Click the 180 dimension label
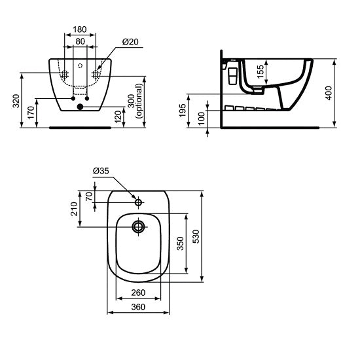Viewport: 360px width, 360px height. pyautogui.click(x=80, y=30)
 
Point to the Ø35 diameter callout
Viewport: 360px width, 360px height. pyautogui.click(x=101, y=171)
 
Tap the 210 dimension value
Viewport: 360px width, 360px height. pyautogui.click(x=75, y=209)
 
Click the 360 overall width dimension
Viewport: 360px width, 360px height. pyautogui.click(x=137, y=307)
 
